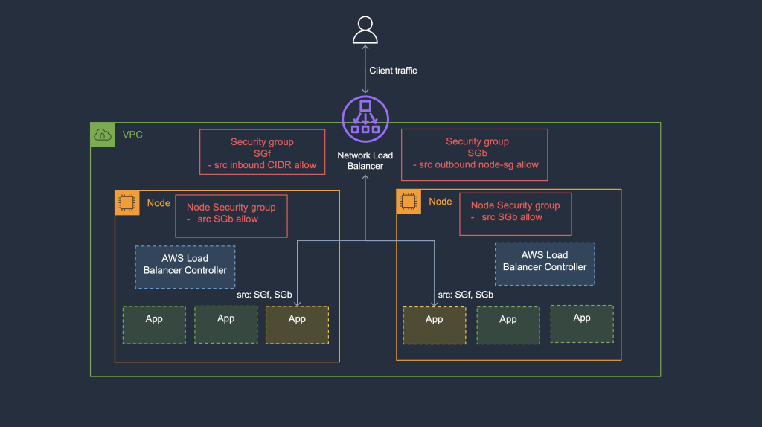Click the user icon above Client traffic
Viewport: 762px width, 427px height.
tap(365, 30)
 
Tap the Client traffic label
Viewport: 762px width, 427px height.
tap(393, 71)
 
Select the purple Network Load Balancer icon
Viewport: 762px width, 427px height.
tap(365, 120)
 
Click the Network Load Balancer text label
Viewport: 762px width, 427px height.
tap(365, 161)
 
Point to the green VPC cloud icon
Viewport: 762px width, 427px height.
tap(102, 135)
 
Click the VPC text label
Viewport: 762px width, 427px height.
tap(132, 135)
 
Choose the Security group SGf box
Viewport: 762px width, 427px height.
tap(263, 152)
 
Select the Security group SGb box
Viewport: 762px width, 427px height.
tap(475, 154)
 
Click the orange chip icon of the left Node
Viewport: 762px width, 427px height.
tap(127, 202)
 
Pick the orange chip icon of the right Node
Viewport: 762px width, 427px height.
tap(408, 201)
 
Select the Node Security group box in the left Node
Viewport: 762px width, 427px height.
tap(231, 216)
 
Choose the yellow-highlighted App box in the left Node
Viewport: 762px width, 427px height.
tap(297, 324)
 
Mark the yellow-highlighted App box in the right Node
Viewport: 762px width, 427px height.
tap(435, 325)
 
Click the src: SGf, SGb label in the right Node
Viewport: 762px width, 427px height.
tap(465, 295)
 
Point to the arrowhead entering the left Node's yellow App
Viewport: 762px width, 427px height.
tap(297, 303)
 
